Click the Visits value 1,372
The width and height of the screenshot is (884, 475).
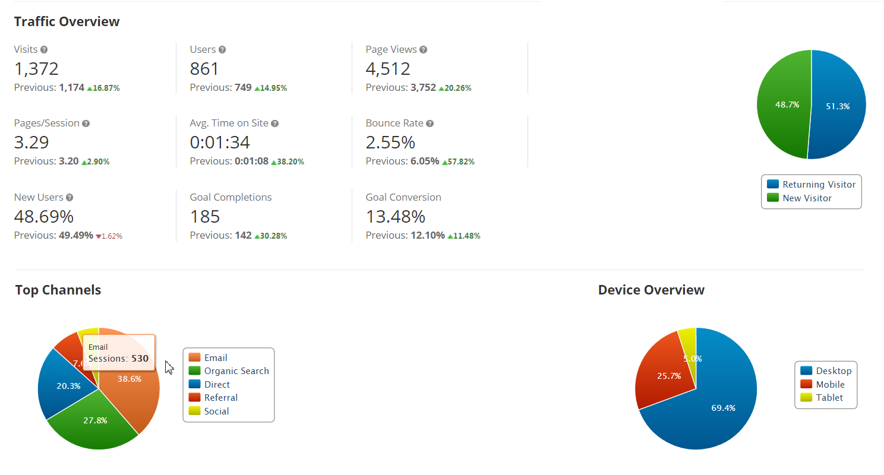pos(36,69)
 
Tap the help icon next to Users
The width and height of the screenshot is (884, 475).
pos(222,50)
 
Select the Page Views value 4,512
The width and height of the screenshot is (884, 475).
pos(388,69)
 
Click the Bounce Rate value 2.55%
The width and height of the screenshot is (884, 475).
pos(390,142)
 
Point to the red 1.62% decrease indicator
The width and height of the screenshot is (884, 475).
pos(109,236)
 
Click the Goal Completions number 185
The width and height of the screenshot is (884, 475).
pos(205,216)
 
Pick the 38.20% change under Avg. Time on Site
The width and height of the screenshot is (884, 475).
pos(288,161)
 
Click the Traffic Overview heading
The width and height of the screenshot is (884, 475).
pos(67,22)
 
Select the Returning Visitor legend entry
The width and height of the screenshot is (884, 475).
pos(812,185)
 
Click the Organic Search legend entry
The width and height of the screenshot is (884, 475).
pos(229,371)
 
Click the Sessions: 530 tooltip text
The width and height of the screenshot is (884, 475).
pos(118,359)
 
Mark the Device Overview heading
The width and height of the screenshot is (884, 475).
pos(651,290)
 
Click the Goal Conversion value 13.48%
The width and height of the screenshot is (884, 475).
pos(395,216)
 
